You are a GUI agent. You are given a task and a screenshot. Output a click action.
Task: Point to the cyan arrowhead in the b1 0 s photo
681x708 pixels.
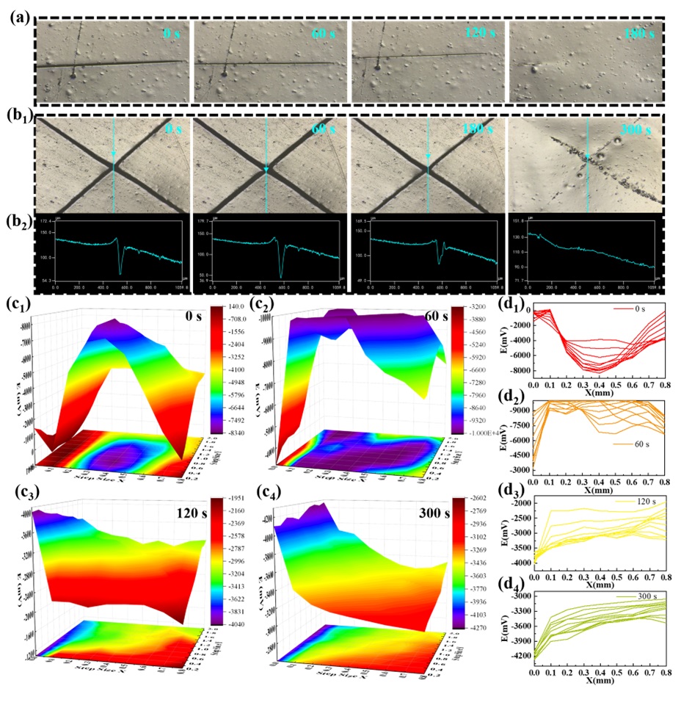click(114, 153)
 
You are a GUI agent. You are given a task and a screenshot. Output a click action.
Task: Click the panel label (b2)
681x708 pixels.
click(19, 225)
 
